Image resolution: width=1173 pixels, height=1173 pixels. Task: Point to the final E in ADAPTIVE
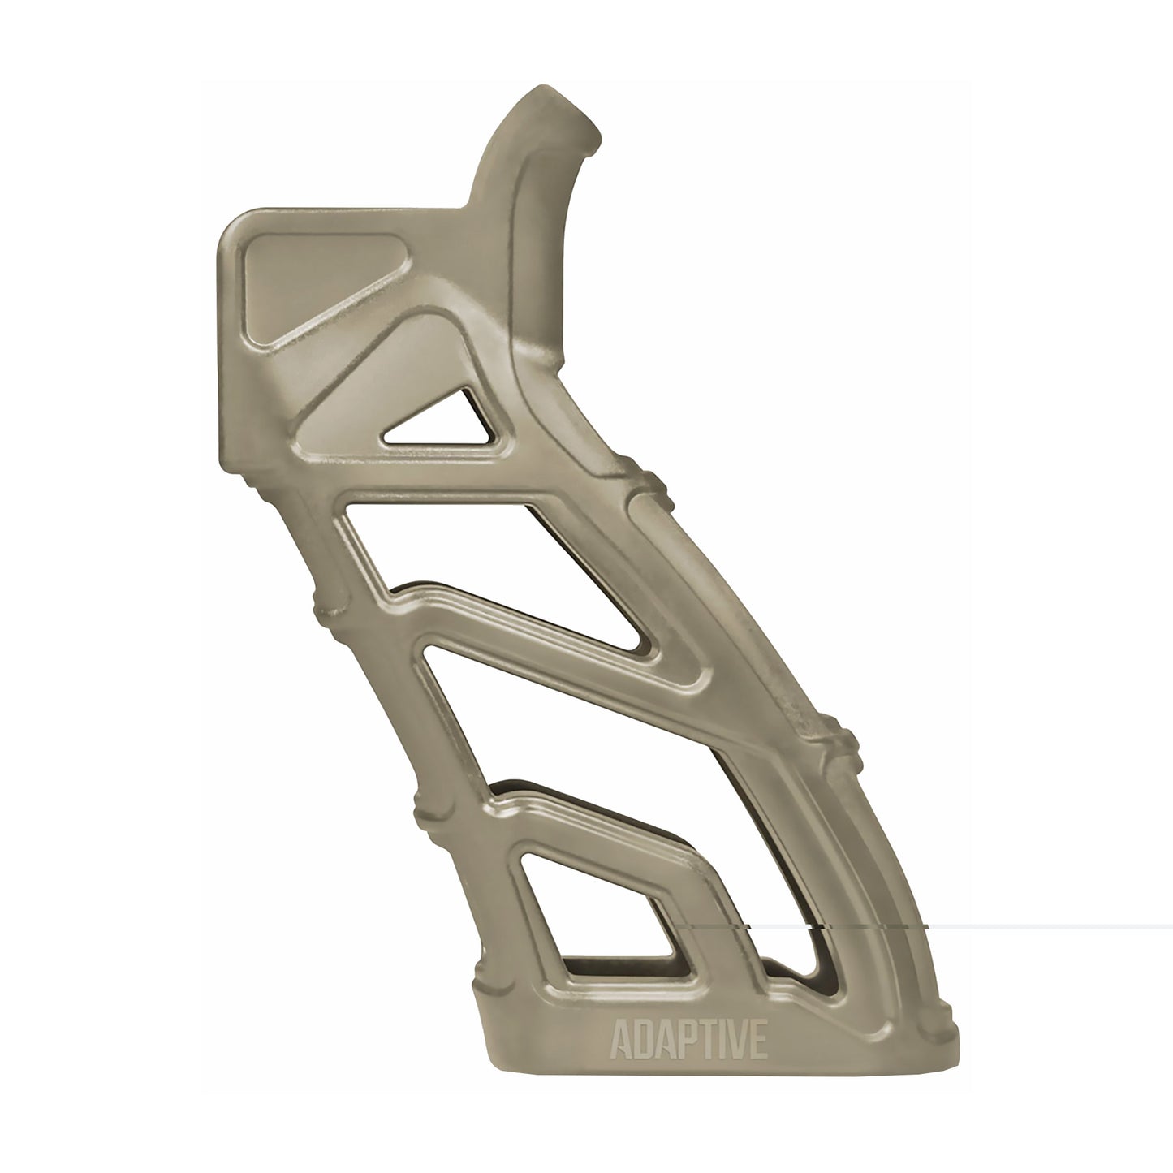pos(757,1042)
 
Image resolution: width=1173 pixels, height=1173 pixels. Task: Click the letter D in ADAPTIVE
pos(640,1042)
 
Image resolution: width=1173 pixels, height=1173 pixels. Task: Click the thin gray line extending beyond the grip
pos(1055,926)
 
